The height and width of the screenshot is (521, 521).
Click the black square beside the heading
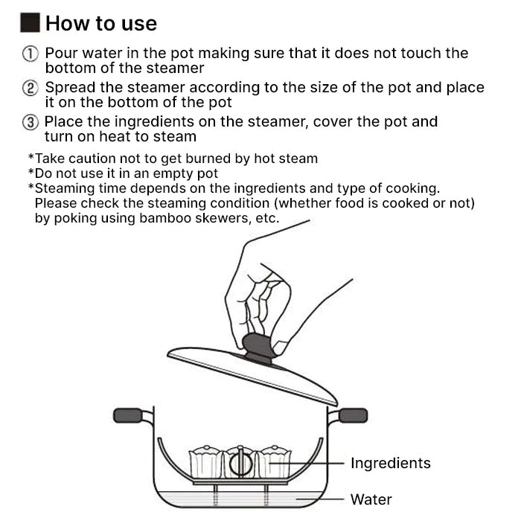pyautogui.click(x=31, y=22)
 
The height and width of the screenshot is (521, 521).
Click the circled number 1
pyautogui.click(x=31, y=54)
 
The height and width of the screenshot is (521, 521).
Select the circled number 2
pyautogui.click(x=31, y=89)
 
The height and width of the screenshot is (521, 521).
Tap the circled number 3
pyautogui.click(x=31, y=122)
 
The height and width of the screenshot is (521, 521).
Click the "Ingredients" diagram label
pyautogui.click(x=391, y=463)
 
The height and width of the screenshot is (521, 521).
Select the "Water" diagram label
pyautogui.click(x=371, y=499)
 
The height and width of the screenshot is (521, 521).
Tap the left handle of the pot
pyautogui.click(x=129, y=415)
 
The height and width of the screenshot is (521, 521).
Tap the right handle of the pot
pyautogui.click(x=353, y=415)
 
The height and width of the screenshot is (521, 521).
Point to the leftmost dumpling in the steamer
pyautogui.click(x=205, y=462)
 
